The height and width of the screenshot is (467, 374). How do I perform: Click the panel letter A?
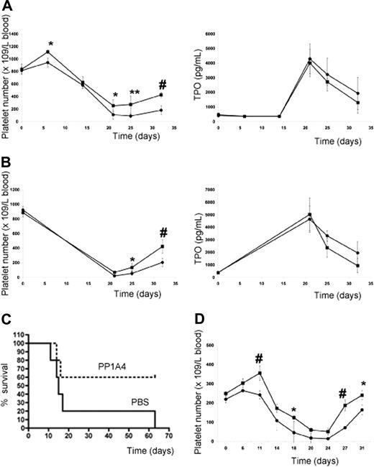pyautogui.click(x=6, y=6)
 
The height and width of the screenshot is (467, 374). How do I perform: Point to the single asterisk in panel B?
pyautogui.click(x=132, y=259)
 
